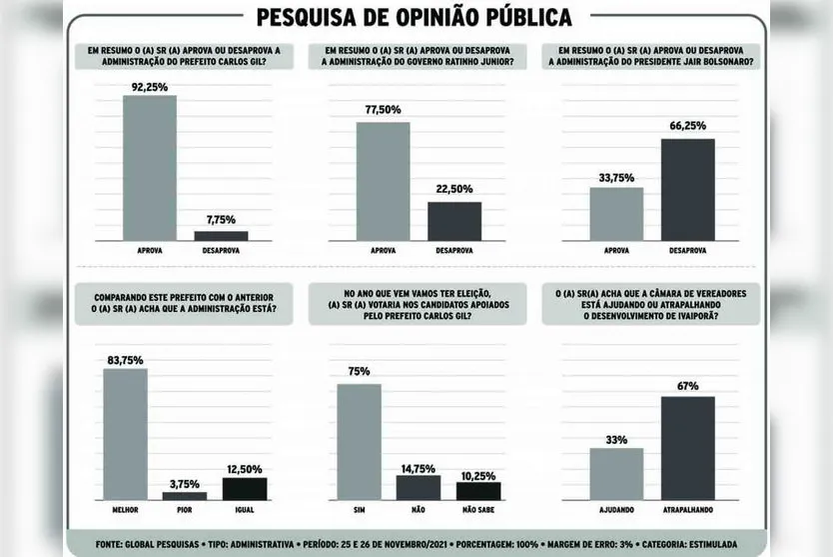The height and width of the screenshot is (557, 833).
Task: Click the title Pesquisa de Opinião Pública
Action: [415, 17]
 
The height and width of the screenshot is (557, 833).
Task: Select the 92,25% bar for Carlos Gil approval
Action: [149, 167]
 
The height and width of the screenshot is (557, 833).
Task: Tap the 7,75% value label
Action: [221, 219]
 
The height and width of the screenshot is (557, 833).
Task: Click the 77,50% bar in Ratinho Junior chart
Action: [383, 180]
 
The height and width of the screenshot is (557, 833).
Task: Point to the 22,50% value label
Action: [454, 189]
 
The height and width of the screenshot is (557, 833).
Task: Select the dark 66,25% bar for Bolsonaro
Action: [688, 189]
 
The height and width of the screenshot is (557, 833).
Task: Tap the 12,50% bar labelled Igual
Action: [244, 488]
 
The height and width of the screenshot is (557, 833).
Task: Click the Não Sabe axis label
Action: [478, 510]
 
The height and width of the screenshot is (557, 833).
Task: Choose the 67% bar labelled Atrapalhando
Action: [688, 448]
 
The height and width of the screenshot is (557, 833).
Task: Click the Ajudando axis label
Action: [616, 510]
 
